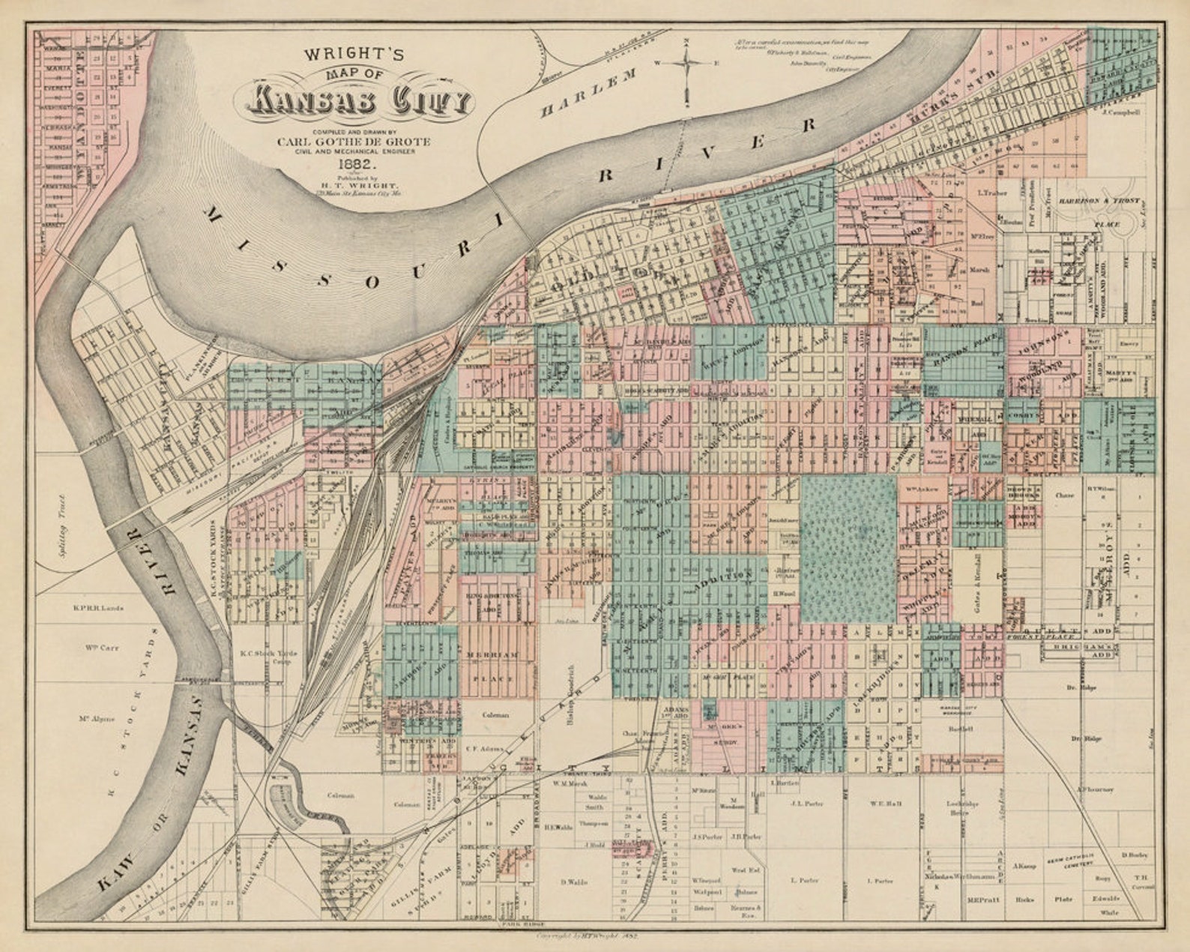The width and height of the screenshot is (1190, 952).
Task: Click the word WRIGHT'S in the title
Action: coord(354,54)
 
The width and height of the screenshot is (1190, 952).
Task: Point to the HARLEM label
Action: coord(588,94)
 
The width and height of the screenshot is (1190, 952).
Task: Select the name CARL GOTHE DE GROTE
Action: coord(354,141)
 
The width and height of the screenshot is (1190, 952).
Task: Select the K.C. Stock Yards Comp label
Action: coord(268,657)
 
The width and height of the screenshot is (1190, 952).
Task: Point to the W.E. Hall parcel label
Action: coord(885,804)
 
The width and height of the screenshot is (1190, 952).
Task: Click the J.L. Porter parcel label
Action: coord(806,804)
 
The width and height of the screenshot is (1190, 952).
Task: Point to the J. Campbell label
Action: coord(1120,112)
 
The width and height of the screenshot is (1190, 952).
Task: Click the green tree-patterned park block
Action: coord(848,549)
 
